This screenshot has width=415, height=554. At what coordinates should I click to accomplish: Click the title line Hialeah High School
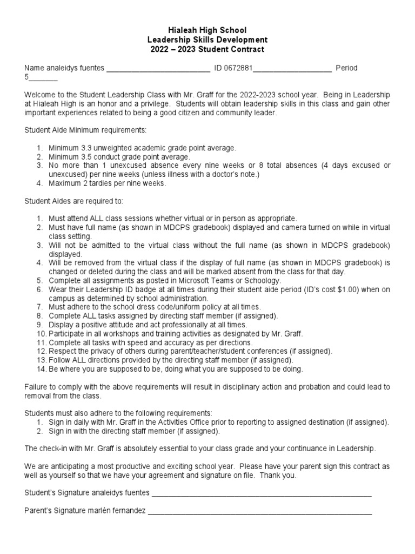pyautogui.click(x=207, y=31)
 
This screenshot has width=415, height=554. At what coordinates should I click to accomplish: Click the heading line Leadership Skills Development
pyautogui.click(x=207, y=40)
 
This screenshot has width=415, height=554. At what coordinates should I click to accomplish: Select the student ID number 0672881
pyautogui.click(x=239, y=68)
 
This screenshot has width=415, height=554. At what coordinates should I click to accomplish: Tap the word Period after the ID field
pyautogui.click(x=346, y=68)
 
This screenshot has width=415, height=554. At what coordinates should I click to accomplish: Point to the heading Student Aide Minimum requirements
pyautogui.click(x=85, y=130)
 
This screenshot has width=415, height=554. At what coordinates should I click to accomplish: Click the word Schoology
pyautogui.click(x=263, y=280)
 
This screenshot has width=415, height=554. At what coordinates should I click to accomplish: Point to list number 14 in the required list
pyautogui.click(x=41, y=369)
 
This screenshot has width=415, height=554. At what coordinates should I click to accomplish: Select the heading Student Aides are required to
pyautogui.click(x=73, y=201)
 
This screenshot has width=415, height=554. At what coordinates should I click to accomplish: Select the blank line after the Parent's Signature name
pyautogui.click(x=259, y=511)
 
